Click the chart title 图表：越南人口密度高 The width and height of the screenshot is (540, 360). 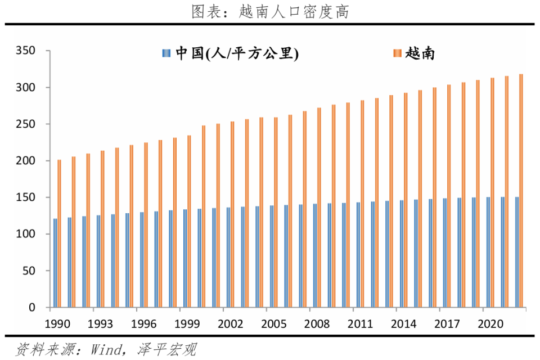click(x=270, y=11)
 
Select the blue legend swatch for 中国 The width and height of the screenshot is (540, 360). click(x=165, y=53)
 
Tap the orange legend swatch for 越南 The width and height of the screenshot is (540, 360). click(x=397, y=53)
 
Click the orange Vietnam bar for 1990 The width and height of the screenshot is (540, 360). click(x=59, y=233)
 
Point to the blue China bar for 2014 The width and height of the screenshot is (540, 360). click(x=402, y=254)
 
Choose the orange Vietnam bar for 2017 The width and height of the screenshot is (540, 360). click(x=449, y=196)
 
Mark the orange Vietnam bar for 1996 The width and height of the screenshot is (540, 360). click(x=146, y=225)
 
